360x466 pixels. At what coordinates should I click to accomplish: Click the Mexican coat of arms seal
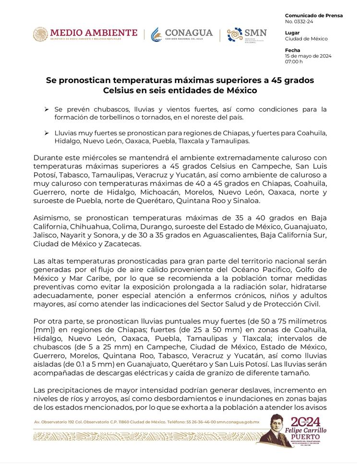(41, 35)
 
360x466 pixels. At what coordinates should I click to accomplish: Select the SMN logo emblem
(235, 35)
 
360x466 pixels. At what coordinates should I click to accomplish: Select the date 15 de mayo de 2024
(308, 56)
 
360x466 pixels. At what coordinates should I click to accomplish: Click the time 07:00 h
(294, 61)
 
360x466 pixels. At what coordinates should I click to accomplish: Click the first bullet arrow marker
(46, 109)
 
